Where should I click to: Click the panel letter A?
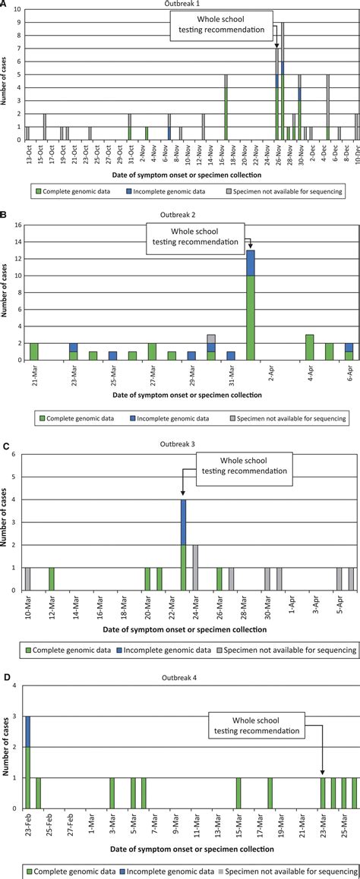pos(5,5)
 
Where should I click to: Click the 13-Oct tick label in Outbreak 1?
pos(28,156)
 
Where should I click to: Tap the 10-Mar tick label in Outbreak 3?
pos(28,603)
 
